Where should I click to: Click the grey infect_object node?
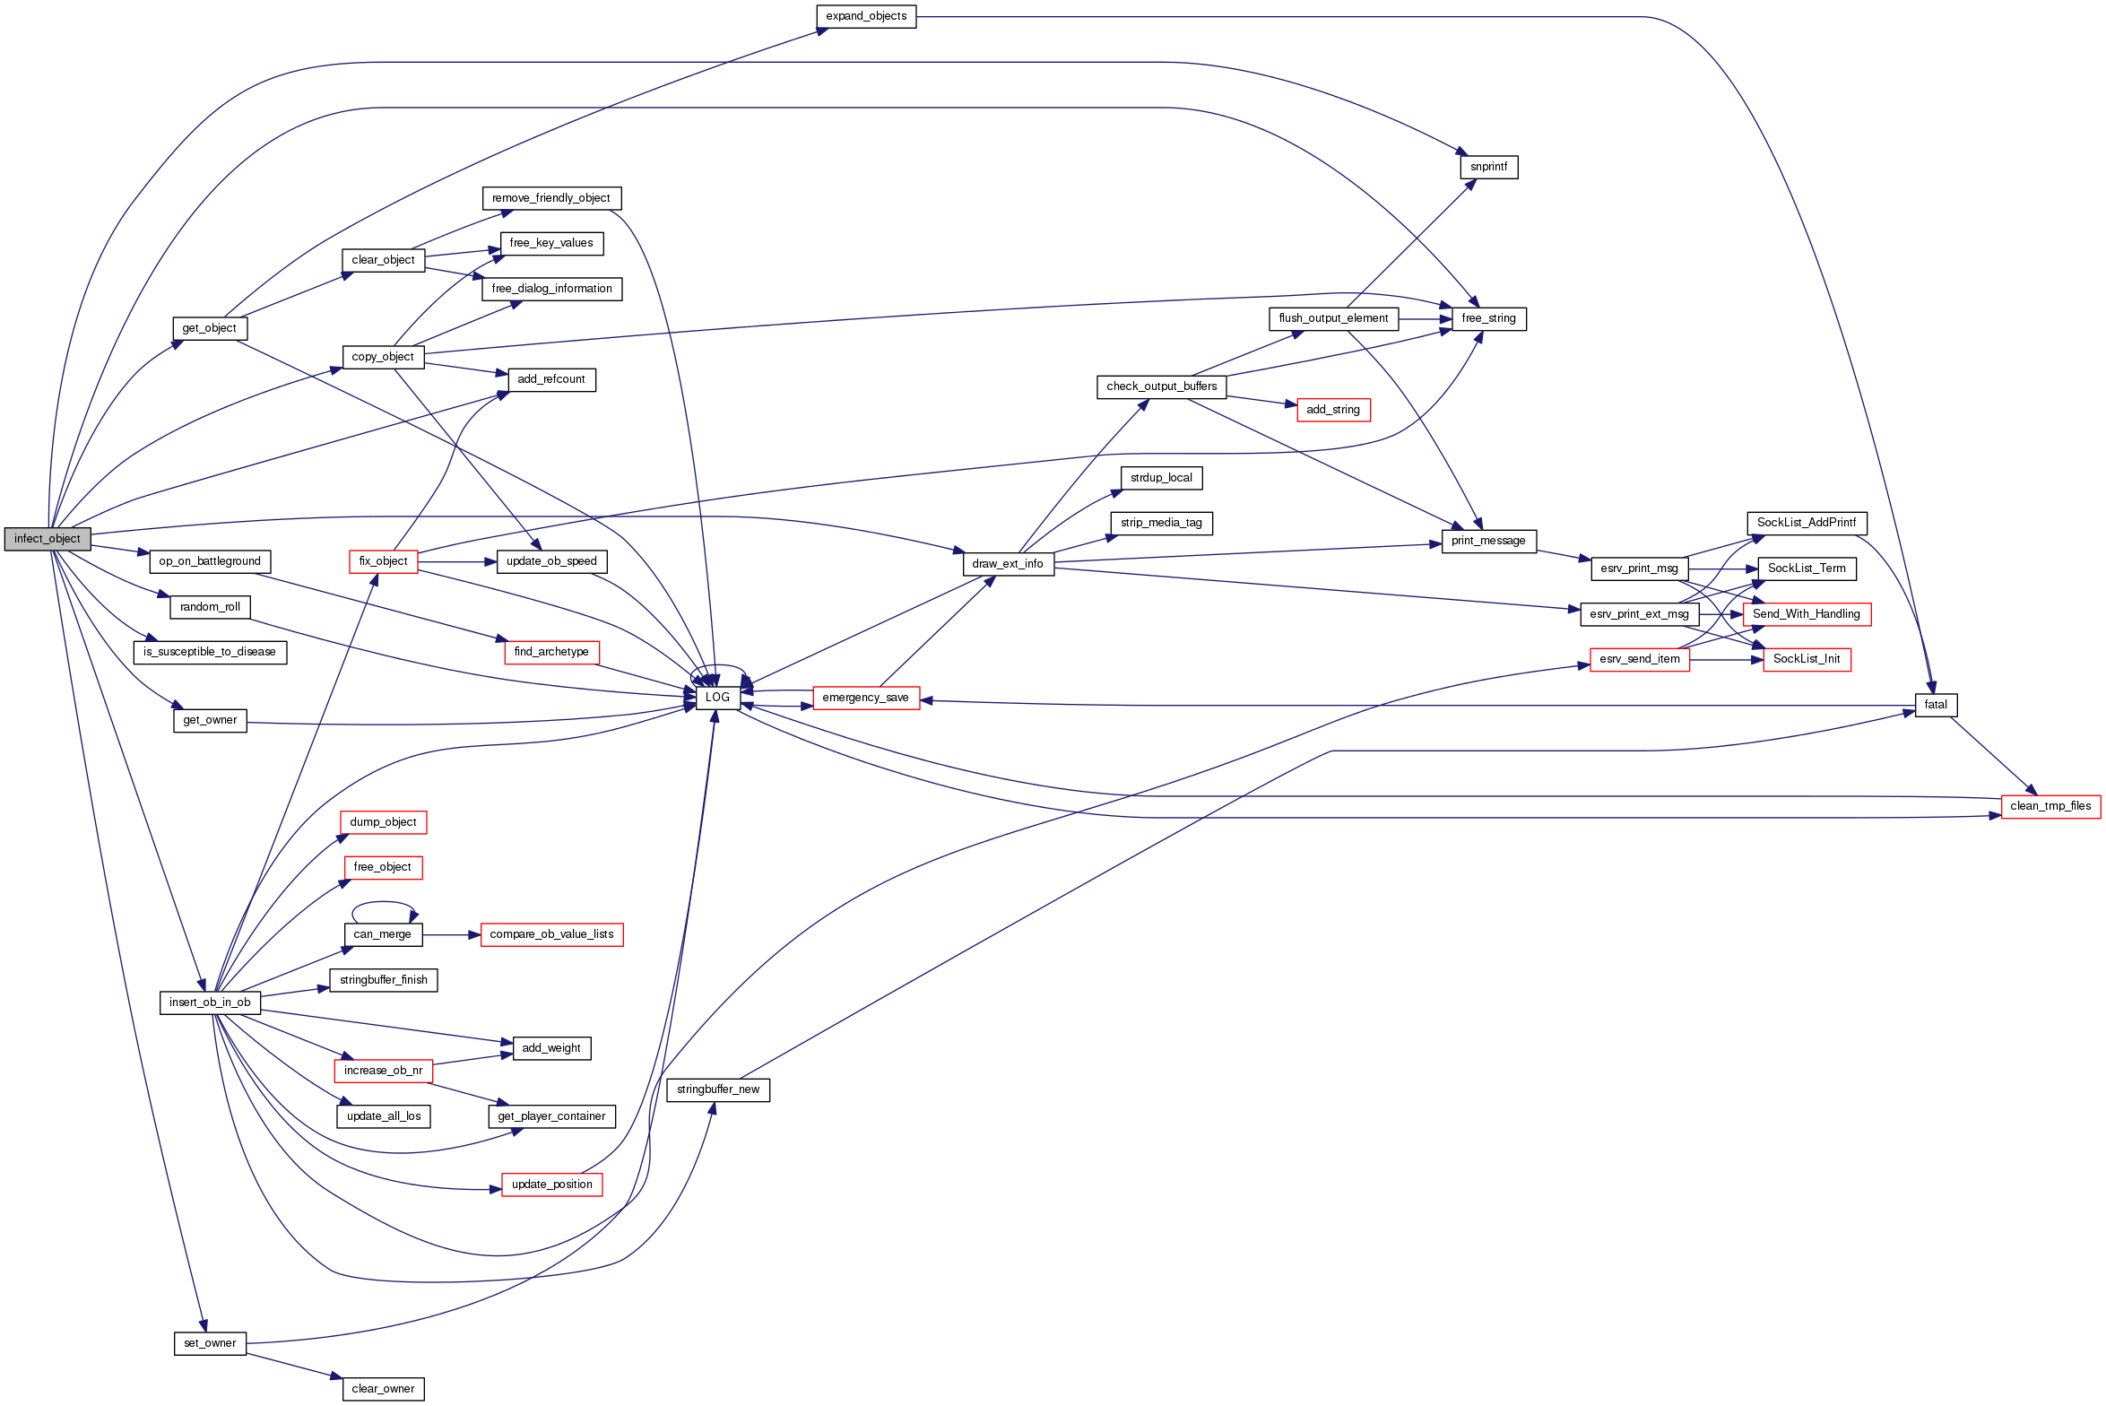[x=48, y=539]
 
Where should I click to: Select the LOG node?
[x=717, y=698]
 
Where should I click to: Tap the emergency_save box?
[x=865, y=698]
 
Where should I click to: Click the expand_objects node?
[x=866, y=16]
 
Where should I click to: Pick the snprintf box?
[x=1488, y=167]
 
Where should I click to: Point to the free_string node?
[x=1488, y=318]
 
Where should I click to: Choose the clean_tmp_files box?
[x=2050, y=806]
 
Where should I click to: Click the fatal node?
[x=1936, y=705]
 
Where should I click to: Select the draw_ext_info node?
[x=1008, y=564]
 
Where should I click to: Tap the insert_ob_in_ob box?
[x=210, y=1002]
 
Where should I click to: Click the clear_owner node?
[x=383, y=1389]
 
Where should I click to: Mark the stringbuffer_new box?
[x=718, y=1089]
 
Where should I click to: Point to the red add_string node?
[x=1333, y=410]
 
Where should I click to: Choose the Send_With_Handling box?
[x=1807, y=614]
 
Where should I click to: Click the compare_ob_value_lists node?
[x=551, y=934]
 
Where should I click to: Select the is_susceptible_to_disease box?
[x=210, y=652]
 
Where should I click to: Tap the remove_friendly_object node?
[x=551, y=198]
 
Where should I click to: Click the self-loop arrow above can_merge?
[x=383, y=903]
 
